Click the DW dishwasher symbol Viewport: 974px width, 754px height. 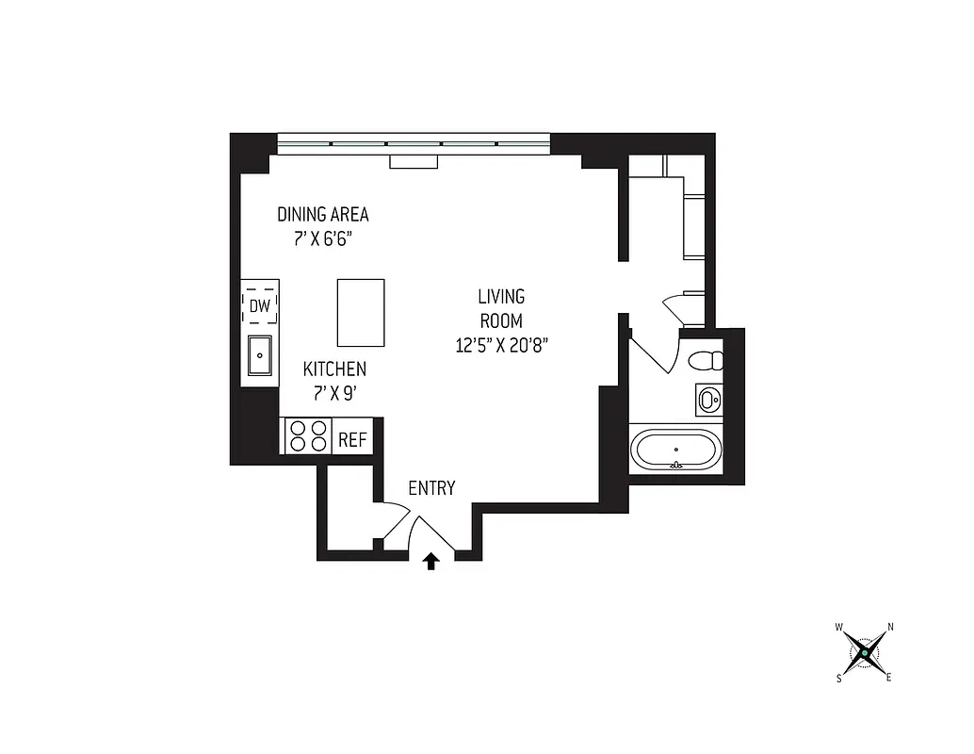(260, 304)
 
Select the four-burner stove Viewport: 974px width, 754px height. (309, 436)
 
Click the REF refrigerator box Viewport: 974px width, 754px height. (352, 439)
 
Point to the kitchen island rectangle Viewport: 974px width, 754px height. (361, 312)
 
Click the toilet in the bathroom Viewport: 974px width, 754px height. (705, 361)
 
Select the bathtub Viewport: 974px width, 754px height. (675, 450)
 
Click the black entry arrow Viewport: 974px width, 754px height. (431, 562)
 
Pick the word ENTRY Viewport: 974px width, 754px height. (431, 488)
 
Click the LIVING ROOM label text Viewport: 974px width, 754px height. (501, 308)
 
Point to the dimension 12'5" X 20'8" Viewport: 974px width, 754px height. (501, 345)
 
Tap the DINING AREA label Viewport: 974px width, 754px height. (322, 215)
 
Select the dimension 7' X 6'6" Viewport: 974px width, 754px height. (322, 238)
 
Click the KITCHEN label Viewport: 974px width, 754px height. (334, 369)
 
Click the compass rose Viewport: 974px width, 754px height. (865, 651)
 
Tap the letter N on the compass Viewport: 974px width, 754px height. (890, 627)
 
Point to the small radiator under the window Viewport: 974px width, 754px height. (414, 162)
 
